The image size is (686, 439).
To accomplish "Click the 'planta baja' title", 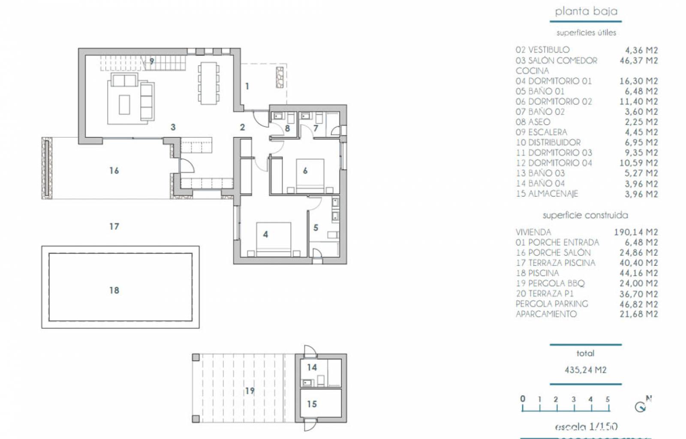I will [586, 12].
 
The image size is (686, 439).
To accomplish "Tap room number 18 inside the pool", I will [114, 290].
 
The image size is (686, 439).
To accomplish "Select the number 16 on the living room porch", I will [114, 171].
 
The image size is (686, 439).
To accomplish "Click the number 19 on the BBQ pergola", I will [250, 391].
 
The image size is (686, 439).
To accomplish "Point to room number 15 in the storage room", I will [312, 404].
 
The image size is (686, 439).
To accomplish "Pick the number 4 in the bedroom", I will [265, 234].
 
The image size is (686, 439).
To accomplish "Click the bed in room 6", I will [310, 175].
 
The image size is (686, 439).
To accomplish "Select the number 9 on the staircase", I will [151, 61].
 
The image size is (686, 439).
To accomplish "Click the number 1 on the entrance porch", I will [247, 86].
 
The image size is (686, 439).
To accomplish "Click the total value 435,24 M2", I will [586, 370].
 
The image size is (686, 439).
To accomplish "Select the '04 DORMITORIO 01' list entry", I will [554, 81].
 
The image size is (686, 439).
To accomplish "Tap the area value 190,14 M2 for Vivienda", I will [636, 232].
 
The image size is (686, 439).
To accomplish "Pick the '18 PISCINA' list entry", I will [537, 273].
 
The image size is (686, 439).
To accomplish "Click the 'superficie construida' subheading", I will [585, 215].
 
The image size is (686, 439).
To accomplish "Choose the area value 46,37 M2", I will [638, 60].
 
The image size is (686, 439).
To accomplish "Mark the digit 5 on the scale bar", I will [608, 399].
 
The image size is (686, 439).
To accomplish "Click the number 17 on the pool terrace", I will [114, 226].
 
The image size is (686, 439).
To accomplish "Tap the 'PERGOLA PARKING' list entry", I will [552, 304].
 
